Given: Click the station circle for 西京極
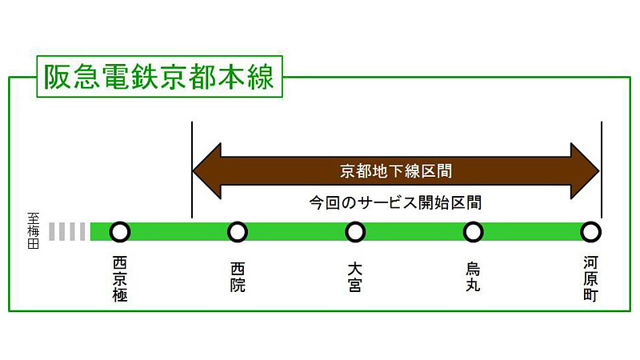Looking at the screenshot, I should (x=120, y=232).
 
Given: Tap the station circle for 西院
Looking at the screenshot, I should (x=238, y=232).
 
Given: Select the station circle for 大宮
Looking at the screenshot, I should (x=355, y=232).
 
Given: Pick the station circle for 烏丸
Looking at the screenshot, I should (x=473, y=232).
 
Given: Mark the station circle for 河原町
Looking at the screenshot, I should (x=590, y=232).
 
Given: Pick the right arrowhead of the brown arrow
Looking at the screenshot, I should (x=583, y=170).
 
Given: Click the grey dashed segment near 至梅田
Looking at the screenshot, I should (x=67, y=232).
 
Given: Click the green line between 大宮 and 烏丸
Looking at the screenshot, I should (x=414, y=232).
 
